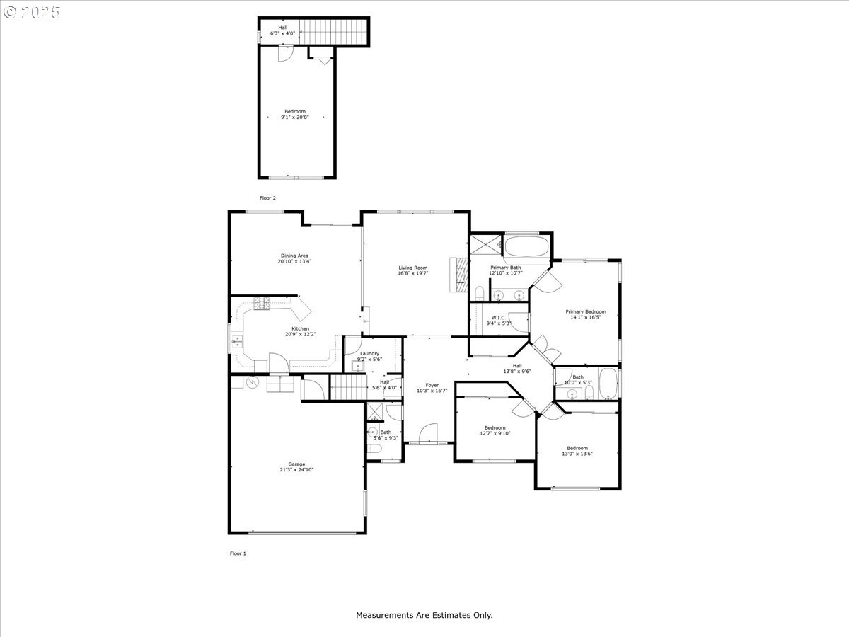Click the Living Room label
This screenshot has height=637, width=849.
(412, 268)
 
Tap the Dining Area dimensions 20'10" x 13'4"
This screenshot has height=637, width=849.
(294, 261)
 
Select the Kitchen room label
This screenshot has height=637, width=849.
(301, 329)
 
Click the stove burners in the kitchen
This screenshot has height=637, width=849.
(262, 304)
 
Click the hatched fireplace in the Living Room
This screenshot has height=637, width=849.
(461, 275)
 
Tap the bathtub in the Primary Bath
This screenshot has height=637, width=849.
(526, 247)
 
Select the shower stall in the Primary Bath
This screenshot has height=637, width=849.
(486, 245)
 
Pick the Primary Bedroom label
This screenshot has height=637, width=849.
(585, 311)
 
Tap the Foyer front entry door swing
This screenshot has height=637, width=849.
(429, 433)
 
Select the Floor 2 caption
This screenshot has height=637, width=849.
(267, 198)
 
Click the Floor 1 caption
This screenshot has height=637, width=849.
(238, 553)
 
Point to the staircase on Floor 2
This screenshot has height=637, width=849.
(335, 31)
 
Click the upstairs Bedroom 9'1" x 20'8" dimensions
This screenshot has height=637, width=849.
(295, 117)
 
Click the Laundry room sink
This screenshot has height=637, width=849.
(357, 366)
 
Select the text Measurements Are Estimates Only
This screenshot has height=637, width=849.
(424, 616)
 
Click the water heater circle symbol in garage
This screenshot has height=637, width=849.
(253, 382)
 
